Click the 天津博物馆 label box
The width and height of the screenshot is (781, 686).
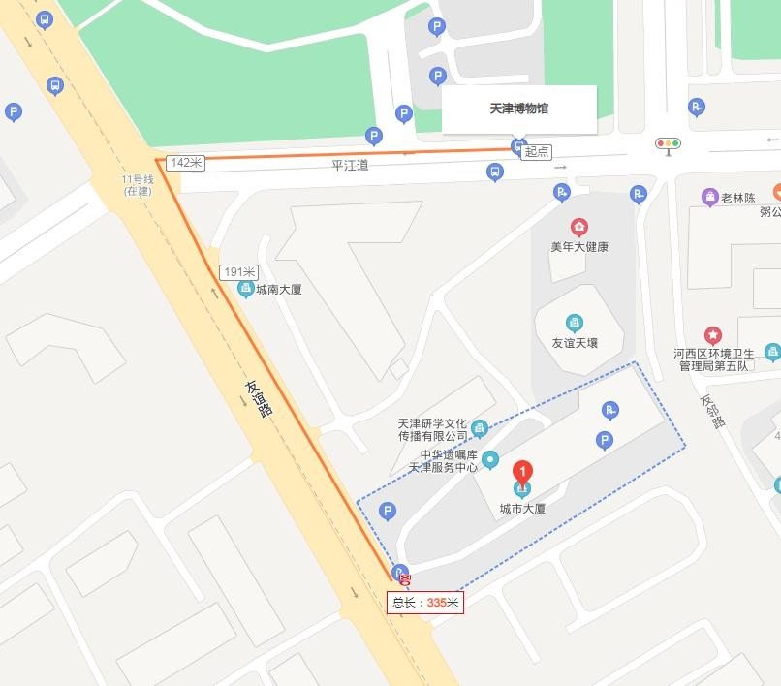[x=518, y=109]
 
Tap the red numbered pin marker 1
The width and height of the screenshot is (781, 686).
[x=522, y=473]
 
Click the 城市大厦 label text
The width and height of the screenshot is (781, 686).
[x=522, y=509]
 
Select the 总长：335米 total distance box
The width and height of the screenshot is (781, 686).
[x=425, y=603]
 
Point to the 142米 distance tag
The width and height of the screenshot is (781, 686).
[x=185, y=163]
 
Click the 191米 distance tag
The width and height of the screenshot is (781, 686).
[x=238, y=272]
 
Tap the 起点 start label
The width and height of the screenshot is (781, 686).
[x=537, y=152]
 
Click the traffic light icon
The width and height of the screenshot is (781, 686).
[x=668, y=144]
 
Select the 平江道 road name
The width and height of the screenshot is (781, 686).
[x=350, y=166]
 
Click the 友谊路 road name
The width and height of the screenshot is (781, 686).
[x=259, y=397]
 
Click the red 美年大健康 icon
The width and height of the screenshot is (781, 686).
[x=579, y=228]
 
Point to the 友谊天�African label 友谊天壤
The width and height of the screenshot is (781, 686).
[x=575, y=343]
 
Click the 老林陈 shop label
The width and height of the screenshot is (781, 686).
[x=742, y=198]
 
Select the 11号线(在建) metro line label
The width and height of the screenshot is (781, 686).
[x=139, y=185]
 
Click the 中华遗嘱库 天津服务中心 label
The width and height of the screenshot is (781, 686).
[x=449, y=460]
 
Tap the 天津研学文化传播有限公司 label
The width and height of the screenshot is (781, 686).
[x=432, y=430]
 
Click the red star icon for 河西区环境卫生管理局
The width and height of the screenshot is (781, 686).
[x=713, y=336]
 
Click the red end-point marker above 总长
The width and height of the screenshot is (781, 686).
[x=405, y=580]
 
